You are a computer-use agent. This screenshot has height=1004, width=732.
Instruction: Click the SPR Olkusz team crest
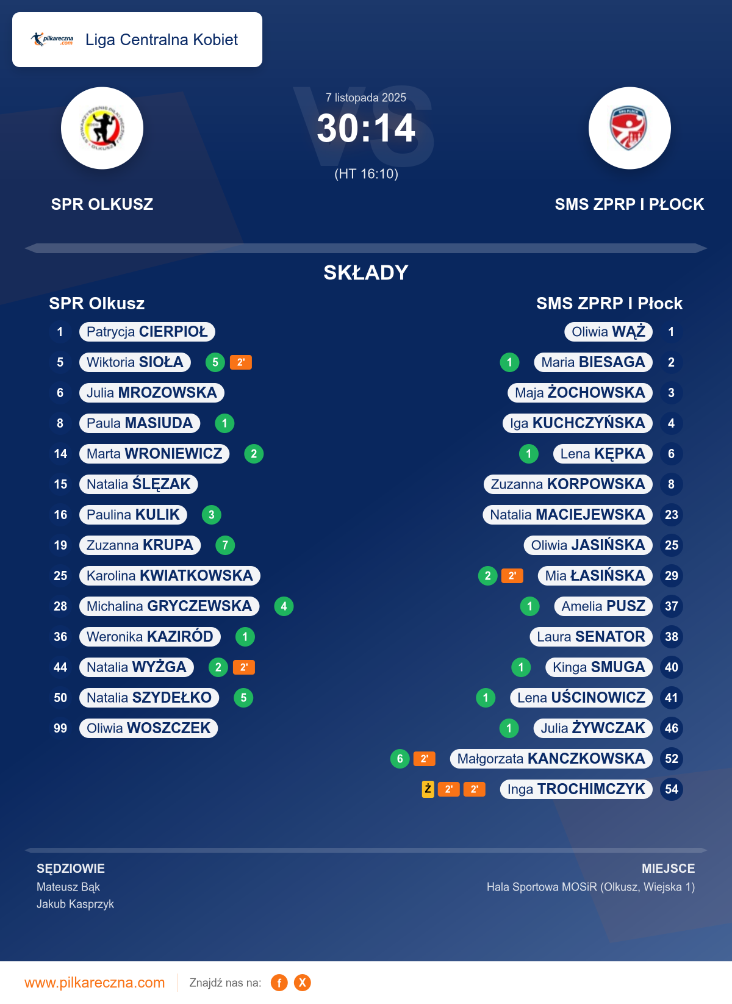click(x=102, y=128)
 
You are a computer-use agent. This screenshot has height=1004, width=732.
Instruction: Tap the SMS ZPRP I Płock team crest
click(x=630, y=128)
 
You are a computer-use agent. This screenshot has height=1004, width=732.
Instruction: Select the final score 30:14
click(x=366, y=129)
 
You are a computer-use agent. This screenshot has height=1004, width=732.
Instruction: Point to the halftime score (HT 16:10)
click(x=366, y=174)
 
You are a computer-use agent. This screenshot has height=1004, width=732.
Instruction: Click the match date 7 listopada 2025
click(x=366, y=98)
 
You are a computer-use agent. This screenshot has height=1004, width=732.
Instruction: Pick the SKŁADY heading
click(x=366, y=273)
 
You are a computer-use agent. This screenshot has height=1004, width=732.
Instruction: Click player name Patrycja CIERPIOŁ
click(x=147, y=332)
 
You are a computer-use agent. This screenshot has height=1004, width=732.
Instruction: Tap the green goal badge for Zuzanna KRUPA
click(x=225, y=545)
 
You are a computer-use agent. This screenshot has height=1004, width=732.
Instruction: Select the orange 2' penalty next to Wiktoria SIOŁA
click(x=241, y=362)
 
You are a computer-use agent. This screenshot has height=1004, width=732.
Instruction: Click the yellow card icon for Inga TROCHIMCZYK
click(x=428, y=789)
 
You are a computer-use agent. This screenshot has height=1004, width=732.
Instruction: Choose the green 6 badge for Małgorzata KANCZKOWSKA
click(x=400, y=759)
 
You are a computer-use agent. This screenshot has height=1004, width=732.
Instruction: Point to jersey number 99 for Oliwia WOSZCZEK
click(x=60, y=728)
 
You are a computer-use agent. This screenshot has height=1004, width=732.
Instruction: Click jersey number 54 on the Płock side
click(x=672, y=789)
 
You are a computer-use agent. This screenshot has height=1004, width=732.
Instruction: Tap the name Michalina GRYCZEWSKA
click(x=169, y=606)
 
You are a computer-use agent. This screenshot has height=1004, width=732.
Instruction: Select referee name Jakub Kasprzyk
click(x=76, y=904)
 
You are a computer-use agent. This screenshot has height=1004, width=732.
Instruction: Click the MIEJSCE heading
click(x=668, y=869)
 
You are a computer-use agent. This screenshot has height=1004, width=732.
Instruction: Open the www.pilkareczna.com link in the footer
click(x=95, y=983)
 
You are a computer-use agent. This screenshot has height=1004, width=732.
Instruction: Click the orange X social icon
click(x=303, y=983)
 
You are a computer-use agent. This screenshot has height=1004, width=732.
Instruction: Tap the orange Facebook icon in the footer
click(x=279, y=983)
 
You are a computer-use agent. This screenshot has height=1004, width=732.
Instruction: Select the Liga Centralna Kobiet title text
click(x=162, y=40)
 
